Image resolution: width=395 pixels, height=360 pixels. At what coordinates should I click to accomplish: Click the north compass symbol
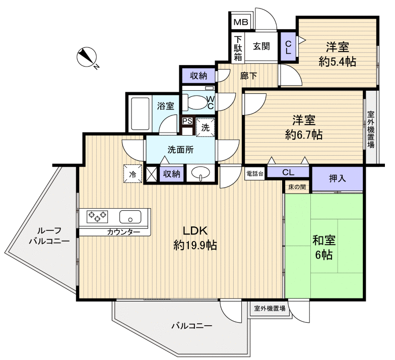[x=86, y=56]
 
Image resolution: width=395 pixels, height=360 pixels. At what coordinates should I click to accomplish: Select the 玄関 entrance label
[x=260, y=46]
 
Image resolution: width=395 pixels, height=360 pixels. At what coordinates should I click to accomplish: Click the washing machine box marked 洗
[x=206, y=128]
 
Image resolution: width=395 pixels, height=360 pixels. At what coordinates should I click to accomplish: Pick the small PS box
[x=187, y=121]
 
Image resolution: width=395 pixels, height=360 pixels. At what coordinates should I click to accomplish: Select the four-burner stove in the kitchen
[x=98, y=216]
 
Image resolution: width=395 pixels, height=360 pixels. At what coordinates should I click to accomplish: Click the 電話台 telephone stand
[x=255, y=173]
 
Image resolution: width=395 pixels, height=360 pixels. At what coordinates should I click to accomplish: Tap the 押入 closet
[x=337, y=178]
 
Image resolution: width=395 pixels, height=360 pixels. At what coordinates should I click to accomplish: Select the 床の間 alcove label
[x=297, y=187]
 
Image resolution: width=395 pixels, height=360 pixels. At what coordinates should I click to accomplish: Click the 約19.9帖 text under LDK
[x=195, y=246]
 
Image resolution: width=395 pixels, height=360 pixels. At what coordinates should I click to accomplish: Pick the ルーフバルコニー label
[x=48, y=235]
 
